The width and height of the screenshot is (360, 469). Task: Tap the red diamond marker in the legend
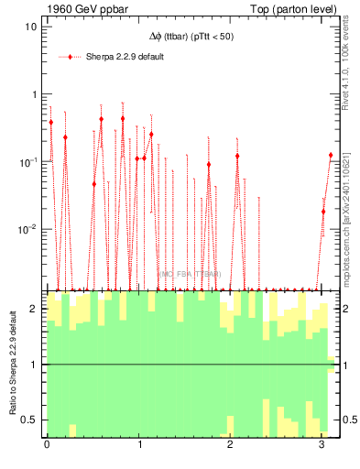(x=71, y=57)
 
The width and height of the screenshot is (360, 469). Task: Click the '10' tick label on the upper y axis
(x=30, y=26)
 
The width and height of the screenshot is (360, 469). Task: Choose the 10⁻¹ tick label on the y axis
(x=27, y=161)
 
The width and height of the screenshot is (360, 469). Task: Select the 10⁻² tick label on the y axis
(x=27, y=229)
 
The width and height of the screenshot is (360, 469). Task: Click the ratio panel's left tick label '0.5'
(x=29, y=420)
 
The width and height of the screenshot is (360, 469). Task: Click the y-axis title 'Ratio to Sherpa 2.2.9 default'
(x=12, y=364)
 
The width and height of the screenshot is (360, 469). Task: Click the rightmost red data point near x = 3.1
(x=331, y=156)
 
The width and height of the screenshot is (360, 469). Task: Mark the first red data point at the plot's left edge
(x=51, y=122)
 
